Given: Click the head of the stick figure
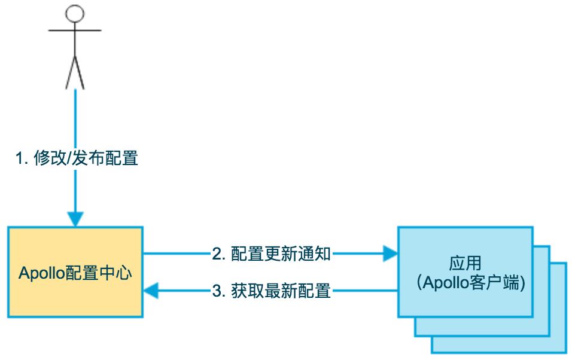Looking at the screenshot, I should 74,14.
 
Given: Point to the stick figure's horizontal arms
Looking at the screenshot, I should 74,30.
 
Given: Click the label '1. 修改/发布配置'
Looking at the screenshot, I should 77,158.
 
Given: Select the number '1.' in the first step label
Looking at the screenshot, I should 22,158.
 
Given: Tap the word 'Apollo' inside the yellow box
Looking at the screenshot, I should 41,273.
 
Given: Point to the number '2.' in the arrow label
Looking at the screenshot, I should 219,254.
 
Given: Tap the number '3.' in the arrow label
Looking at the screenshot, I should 219,291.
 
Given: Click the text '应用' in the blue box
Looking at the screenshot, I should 465,264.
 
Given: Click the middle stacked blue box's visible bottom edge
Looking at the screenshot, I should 479,335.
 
